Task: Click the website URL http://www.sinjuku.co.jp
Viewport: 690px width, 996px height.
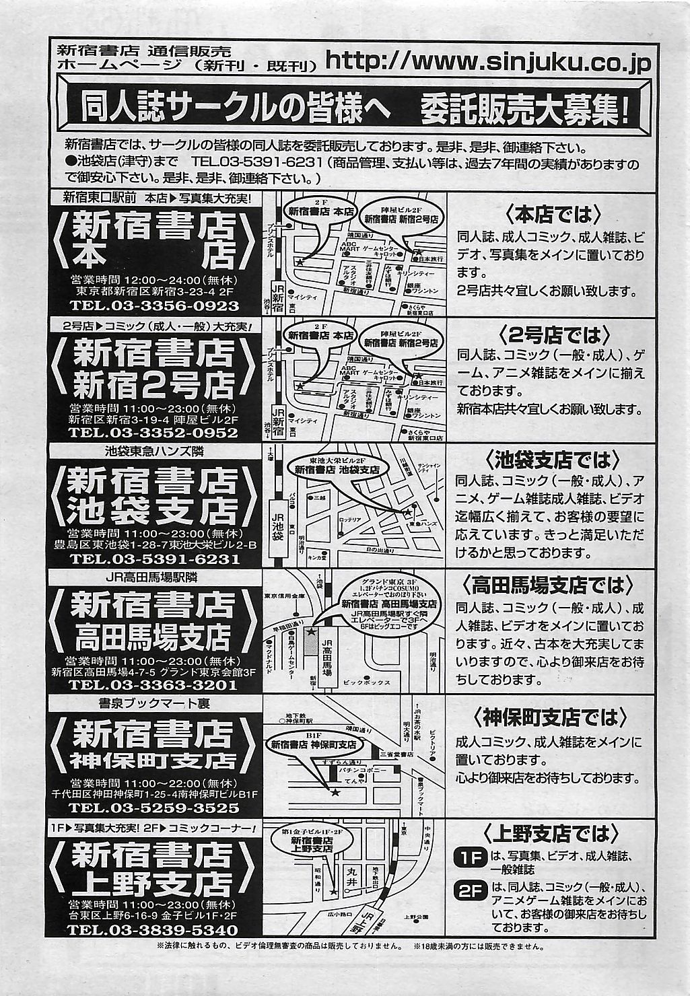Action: point(488,62)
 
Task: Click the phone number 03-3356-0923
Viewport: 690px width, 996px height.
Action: point(154,306)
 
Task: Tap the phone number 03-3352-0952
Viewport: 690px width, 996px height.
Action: point(154,432)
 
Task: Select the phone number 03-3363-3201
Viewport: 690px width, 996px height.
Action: point(154,685)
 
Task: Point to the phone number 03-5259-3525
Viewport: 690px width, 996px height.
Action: point(154,807)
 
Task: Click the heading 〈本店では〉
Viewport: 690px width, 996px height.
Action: point(551,215)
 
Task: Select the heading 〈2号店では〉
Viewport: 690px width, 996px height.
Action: point(551,335)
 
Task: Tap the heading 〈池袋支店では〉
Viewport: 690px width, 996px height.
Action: point(551,460)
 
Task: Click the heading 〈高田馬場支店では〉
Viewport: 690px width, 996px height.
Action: point(551,584)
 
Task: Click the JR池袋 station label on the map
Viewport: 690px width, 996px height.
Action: point(277,520)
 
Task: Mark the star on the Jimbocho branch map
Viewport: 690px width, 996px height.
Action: point(335,793)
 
